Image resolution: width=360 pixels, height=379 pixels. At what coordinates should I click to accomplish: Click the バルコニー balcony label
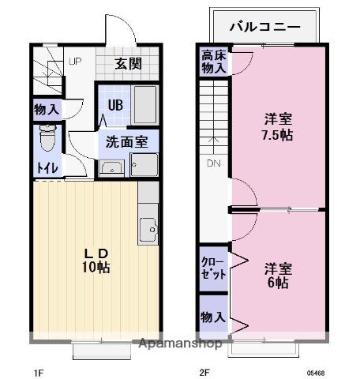click(264, 26)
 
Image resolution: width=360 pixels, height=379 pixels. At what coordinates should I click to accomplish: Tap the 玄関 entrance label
click(126, 64)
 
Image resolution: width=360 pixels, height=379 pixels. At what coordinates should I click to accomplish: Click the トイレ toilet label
click(47, 168)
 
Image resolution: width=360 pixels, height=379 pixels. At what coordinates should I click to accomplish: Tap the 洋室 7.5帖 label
click(277, 127)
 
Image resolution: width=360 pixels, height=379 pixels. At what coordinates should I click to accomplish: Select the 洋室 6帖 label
click(278, 274)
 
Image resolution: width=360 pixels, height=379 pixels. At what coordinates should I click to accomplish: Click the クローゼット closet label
click(213, 268)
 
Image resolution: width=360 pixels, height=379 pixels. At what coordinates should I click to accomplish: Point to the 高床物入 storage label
click(212, 62)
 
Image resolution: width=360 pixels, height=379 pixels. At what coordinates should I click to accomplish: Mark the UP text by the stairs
click(74, 61)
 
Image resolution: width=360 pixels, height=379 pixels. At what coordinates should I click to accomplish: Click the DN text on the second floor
click(214, 164)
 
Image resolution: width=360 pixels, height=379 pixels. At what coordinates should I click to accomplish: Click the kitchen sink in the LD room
click(147, 230)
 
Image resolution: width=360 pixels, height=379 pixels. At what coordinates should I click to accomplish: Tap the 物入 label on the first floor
click(46, 109)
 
